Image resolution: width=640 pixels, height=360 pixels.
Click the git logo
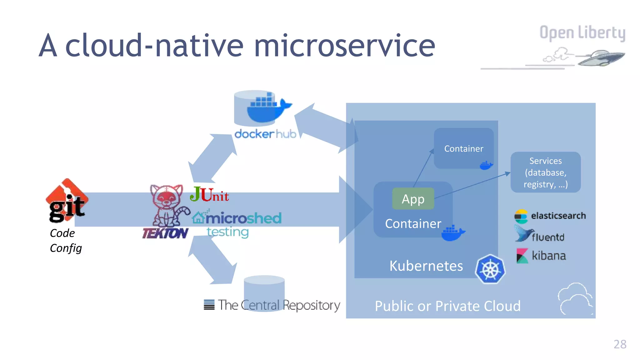pyautogui.click(x=67, y=201)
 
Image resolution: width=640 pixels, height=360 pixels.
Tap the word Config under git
pyautogui.click(x=66, y=248)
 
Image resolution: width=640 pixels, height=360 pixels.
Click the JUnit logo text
pyautogui.click(x=209, y=194)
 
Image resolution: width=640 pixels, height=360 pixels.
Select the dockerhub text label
pyautogui.click(x=265, y=134)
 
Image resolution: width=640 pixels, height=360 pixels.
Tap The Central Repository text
pyautogui.click(x=278, y=305)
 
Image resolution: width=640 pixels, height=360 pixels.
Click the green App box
pyautogui.click(x=413, y=199)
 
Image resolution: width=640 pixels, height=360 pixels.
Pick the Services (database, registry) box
pyautogui.click(x=546, y=172)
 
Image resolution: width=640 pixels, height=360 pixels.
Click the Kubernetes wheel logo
pyautogui.click(x=490, y=269)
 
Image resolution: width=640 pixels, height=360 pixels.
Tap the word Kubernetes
pyautogui.click(x=426, y=266)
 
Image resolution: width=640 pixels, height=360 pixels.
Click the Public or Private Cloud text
pyautogui.click(x=447, y=306)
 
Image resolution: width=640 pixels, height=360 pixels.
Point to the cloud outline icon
pyautogui.click(x=575, y=299)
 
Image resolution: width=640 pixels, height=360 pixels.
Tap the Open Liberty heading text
pyautogui.click(x=582, y=33)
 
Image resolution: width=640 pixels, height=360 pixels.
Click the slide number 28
pyautogui.click(x=620, y=344)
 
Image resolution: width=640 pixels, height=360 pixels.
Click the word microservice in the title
pyautogui.click(x=345, y=46)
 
